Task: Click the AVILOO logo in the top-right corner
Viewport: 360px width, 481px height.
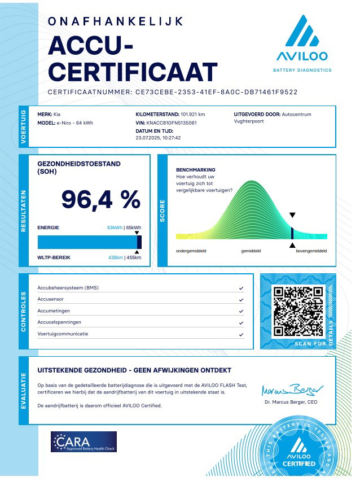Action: [x=302, y=42]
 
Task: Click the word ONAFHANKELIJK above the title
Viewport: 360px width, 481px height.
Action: [x=116, y=21]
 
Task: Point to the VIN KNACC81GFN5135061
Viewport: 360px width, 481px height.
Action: [x=172, y=123]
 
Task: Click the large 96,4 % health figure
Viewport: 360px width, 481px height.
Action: [x=100, y=199]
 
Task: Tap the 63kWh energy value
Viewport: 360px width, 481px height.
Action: [x=115, y=228]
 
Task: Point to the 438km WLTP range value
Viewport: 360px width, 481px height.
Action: [x=115, y=257]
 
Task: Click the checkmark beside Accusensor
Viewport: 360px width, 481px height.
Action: [x=241, y=300]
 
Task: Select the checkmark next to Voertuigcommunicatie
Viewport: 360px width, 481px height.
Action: [x=241, y=334]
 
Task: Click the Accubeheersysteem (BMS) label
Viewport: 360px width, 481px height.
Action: [x=68, y=288]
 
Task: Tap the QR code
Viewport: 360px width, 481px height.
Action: [x=297, y=311]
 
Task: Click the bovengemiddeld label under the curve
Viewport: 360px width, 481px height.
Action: [x=311, y=250]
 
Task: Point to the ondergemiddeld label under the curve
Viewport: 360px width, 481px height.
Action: [x=191, y=250]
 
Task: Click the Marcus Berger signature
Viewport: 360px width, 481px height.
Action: [x=292, y=390]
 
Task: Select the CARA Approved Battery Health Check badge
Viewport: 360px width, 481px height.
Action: [x=84, y=441]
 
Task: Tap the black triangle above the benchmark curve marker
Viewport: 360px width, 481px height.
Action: [x=292, y=215]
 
